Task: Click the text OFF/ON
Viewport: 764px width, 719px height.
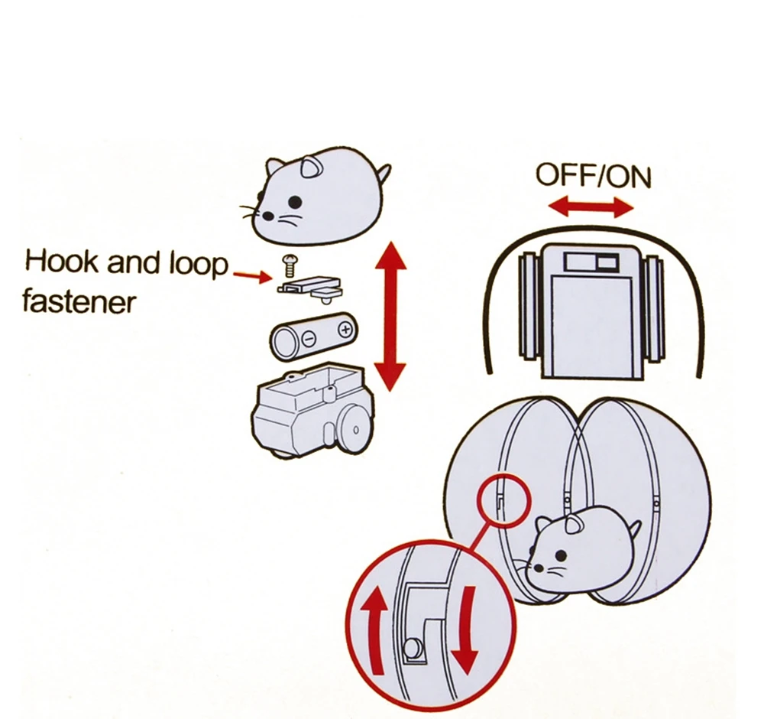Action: tap(593, 175)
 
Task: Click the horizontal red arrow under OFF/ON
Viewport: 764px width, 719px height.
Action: tap(592, 206)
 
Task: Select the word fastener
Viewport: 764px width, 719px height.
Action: tap(78, 301)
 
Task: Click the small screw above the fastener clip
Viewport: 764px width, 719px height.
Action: tap(290, 265)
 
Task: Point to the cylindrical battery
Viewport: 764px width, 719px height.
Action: tap(312, 335)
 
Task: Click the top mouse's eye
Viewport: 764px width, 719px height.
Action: tap(295, 202)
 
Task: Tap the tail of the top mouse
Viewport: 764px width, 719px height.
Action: tap(384, 174)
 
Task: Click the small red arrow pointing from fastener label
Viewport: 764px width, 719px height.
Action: tap(253, 276)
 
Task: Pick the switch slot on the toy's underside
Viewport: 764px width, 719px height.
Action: tap(590, 264)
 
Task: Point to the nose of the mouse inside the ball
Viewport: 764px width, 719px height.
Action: tap(535, 569)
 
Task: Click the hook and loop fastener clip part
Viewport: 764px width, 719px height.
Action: tap(310, 285)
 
